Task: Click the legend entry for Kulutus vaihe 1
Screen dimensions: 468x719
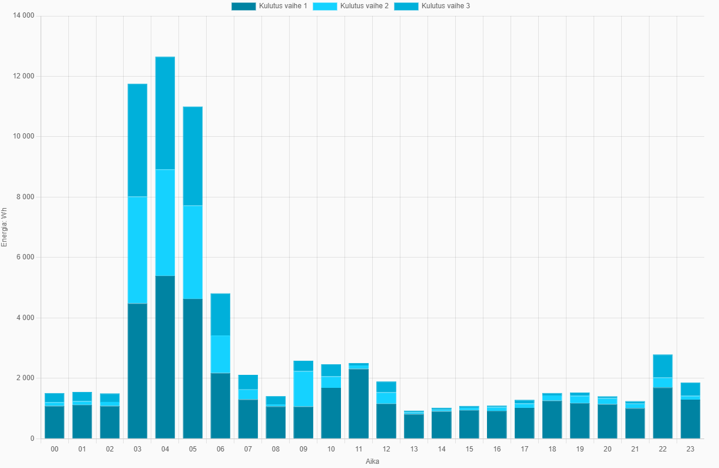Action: (x=269, y=6)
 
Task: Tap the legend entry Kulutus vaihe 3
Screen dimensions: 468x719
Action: (x=432, y=6)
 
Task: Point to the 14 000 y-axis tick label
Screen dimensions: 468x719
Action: (x=24, y=16)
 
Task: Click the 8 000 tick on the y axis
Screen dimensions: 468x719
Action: (x=25, y=197)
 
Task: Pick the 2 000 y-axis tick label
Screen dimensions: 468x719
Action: (x=25, y=378)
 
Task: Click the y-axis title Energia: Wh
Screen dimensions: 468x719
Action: (x=5, y=227)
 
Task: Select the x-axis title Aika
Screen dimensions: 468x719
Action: (x=372, y=462)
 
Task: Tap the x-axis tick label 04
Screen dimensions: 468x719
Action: (x=165, y=449)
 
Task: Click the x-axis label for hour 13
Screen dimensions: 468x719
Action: (x=414, y=449)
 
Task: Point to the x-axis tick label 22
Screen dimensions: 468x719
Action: (x=662, y=449)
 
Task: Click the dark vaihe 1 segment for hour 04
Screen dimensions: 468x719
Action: (x=165, y=357)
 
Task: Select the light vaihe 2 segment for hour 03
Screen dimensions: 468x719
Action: (x=137, y=250)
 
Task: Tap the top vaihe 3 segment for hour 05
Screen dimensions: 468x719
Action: (x=193, y=156)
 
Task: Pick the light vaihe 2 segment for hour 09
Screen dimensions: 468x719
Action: (x=303, y=388)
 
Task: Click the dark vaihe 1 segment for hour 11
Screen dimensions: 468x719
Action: (x=359, y=404)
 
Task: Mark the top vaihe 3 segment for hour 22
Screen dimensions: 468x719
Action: (x=662, y=366)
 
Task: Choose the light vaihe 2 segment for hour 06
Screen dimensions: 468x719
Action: (x=220, y=354)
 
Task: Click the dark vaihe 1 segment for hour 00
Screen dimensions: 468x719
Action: (x=54, y=422)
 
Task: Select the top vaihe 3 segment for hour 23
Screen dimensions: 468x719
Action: (x=690, y=389)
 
